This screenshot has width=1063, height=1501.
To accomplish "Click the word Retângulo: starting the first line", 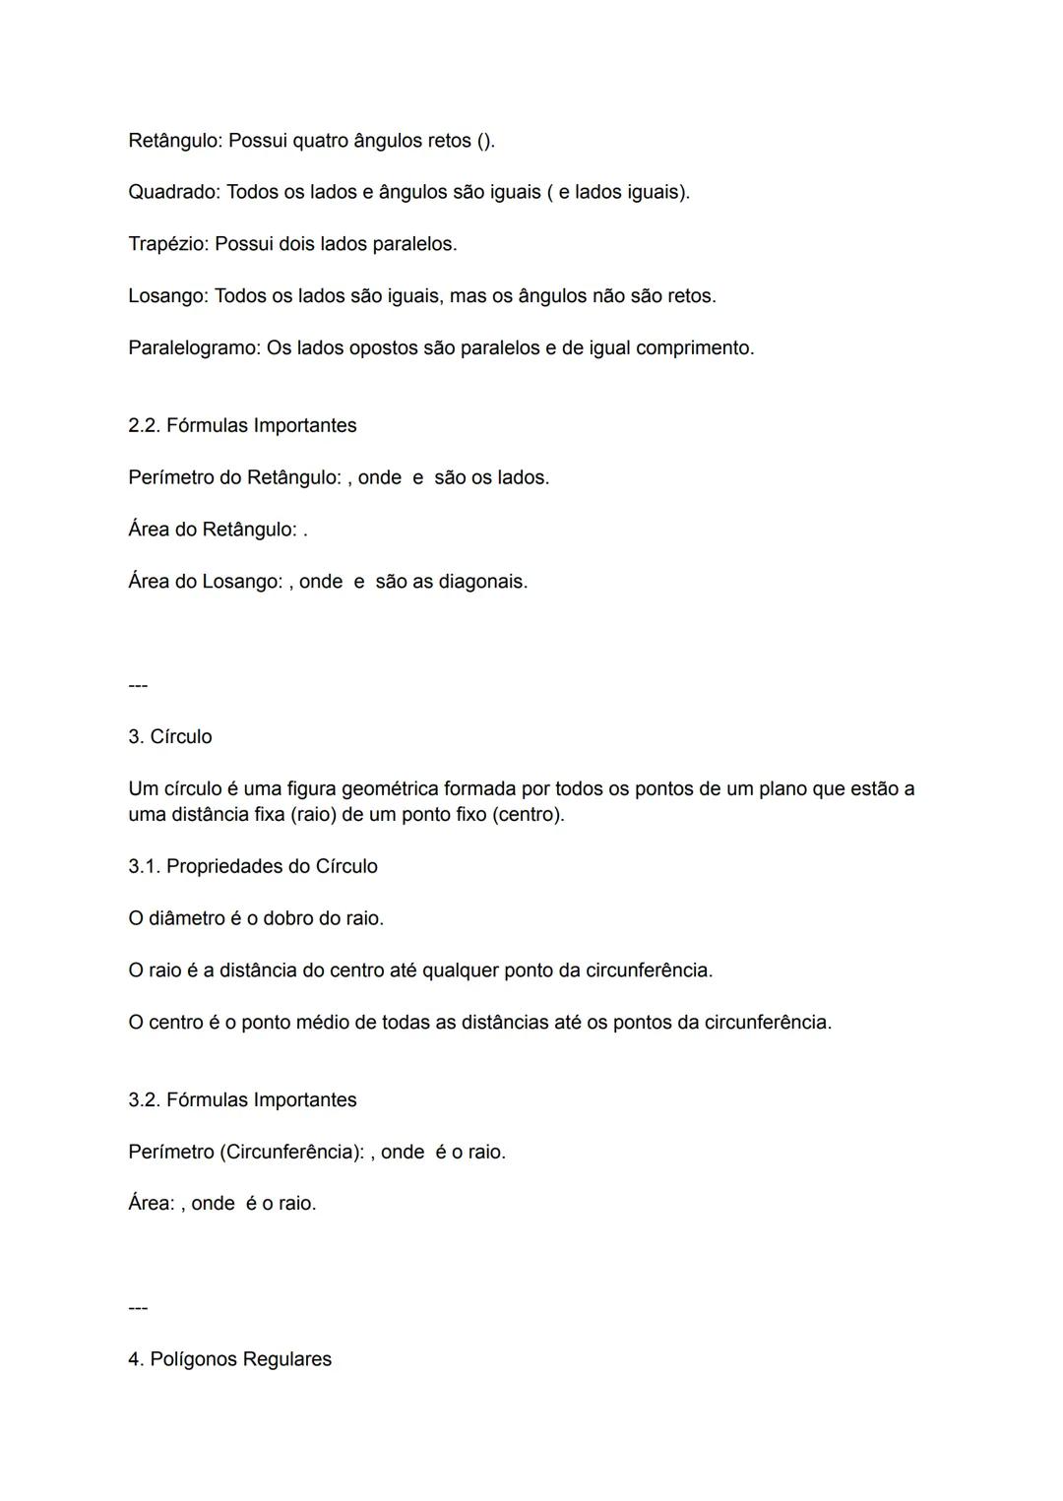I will (x=175, y=141).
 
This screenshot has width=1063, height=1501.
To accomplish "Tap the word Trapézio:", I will (x=168, y=244).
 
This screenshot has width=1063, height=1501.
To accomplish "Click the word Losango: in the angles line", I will (x=168, y=296).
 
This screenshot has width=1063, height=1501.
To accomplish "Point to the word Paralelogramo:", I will (x=194, y=348).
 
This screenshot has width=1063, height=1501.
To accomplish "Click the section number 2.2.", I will (x=144, y=426).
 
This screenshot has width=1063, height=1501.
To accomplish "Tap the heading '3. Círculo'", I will (x=170, y=737).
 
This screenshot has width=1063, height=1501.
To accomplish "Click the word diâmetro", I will (x=186, y=919).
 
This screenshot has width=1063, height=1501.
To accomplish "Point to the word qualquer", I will (x=460, y=971).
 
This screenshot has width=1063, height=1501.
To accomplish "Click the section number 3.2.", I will (x=144, y=1100).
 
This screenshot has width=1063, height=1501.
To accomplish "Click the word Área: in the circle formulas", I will (x=152, y=1204).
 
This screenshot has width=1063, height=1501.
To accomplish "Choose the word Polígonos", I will (x=193, y=1359).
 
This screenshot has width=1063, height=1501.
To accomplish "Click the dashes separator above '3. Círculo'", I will (x=138, y=685).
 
